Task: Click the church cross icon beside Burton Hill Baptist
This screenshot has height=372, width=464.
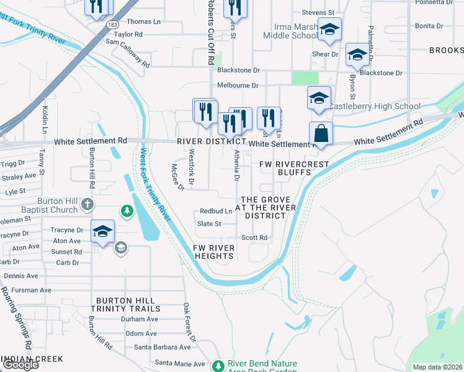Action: point(89,204)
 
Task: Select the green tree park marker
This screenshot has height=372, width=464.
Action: point(127,212)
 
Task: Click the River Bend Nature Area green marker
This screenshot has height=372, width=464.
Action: point(218,366)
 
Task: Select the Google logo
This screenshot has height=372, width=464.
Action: point(20,365)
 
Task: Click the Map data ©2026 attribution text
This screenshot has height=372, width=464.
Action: point(437,367)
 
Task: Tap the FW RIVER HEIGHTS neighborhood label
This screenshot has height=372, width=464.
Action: point(214,252)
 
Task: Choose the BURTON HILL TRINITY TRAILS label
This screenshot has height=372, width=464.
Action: point(125,304)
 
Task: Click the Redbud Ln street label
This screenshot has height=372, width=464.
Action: point(215,211)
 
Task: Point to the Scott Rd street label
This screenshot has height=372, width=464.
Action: point(254,237)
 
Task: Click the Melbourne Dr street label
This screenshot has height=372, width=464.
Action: point(238,86)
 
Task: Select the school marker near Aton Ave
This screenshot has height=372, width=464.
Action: point(102,232)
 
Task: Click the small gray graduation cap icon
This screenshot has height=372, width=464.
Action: point(120,248)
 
